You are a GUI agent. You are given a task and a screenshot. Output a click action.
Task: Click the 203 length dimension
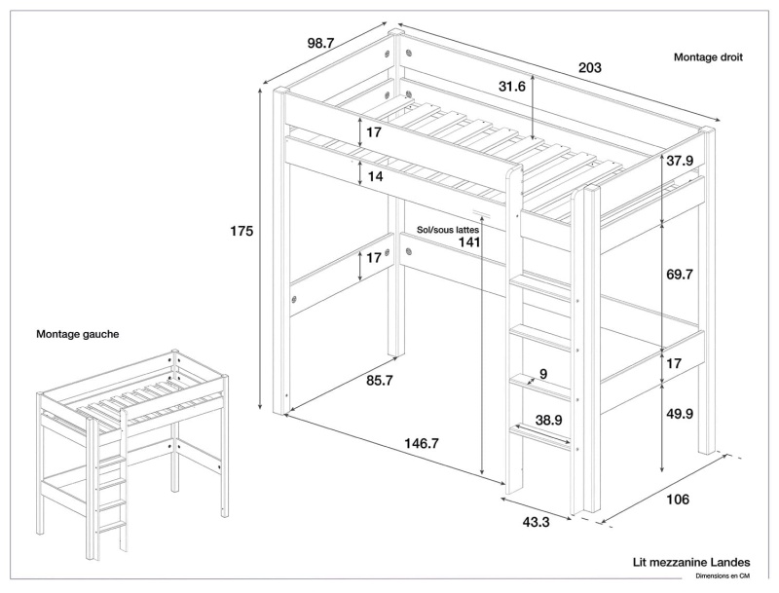pyautogui.click(x=589, y=68)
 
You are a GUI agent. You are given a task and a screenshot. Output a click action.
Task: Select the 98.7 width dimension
pyautogui.click(x=321, y=43)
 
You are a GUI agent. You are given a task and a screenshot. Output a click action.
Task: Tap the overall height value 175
pyautogui.click(x=241, y=231)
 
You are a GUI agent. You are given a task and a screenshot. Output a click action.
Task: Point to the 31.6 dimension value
pyautogui.click(x=512, y=87)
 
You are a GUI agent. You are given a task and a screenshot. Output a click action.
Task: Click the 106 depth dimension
pyautogui.click(x=678, y=500)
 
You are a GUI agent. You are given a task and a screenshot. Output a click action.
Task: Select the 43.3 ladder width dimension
pyautogui.click(x=537, y=523)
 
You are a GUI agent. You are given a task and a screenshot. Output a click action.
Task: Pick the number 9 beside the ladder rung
pyautogui.click(x=542, y=374)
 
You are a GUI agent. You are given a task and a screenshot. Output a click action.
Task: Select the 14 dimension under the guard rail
pyautogui.click(x=375, y=177)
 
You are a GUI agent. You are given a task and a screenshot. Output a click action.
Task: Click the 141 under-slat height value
pyautogui.click(x=468, y=242)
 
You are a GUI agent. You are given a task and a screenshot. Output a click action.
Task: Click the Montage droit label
pyautogui.click(x=708, y=57)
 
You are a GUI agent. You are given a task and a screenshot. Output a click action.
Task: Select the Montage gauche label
pyautogui.click(x=78, y=334)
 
